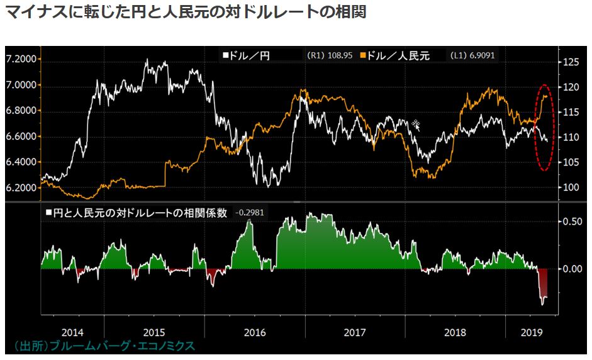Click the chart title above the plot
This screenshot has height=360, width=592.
[185, 12]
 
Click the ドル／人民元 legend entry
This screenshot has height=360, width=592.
[395, 55]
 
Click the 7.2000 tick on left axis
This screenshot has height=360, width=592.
[21, 59]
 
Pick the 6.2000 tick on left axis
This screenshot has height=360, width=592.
[21, 188]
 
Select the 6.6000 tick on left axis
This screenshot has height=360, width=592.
[21, 137]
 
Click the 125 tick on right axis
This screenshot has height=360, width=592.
[570, 62]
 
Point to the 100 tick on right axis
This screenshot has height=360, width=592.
[570, 188]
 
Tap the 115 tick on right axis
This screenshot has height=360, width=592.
[570, 112]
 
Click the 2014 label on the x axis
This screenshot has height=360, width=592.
[73, 331]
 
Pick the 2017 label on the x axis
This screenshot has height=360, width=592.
[355, 331]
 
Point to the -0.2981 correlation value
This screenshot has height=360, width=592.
[249, 213]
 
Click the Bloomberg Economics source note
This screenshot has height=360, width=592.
[104, 346]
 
